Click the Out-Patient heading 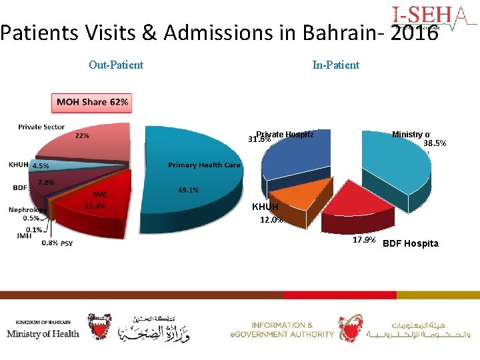click(116, 65)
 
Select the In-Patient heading click(335, 65)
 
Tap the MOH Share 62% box click(92, 102)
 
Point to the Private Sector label click(41, 127)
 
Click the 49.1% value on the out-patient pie click(188, 190)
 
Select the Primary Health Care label click(204, 165)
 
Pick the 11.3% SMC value click(95, 206)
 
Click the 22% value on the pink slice click(82, 135)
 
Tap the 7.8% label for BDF click(46, 182)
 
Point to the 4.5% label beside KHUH click(40, 165)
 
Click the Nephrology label click(27, 209)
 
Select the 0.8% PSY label click(58, 243)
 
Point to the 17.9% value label click(364, 239)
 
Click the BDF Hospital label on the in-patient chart click(410, 243)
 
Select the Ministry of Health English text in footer click(43, 333)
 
